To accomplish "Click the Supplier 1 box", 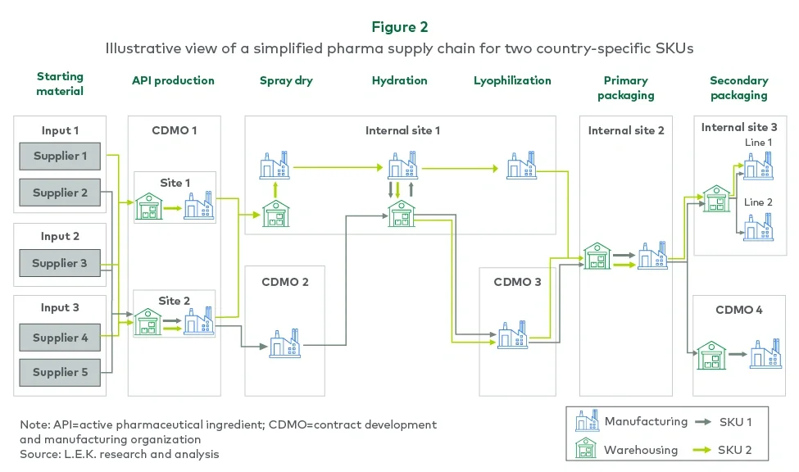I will click(x=61, y=157).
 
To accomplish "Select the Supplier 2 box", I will click(x=61, y=193).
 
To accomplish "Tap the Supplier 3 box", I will click(x=61, y=264).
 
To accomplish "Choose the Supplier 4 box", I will click(x=61, y=338).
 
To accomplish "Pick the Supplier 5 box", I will click(x=61, y=372).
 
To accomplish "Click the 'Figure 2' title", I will click(x=399, y=28).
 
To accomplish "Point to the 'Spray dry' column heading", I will click(x=287, y=80).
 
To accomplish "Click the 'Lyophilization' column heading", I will click(x=512, y=80).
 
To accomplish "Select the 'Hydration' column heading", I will click(x=399, y=80).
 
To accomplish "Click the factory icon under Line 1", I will click(x=758, y=166).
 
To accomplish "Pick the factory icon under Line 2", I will click(x=758, y=226).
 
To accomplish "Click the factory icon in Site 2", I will click(x=199, y=320).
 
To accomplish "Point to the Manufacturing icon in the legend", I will click(x=587, y=422).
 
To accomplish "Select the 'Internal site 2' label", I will click(x=626, y=130).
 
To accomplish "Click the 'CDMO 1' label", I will click(x=174, y=130).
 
